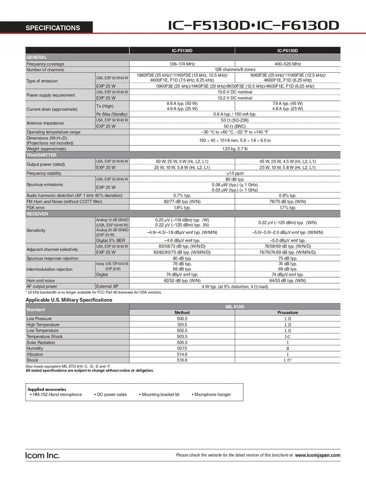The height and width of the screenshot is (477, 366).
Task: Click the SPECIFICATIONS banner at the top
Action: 53,28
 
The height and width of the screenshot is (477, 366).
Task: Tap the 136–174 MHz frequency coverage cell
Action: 182,64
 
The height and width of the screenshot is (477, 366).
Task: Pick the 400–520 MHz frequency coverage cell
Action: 287,64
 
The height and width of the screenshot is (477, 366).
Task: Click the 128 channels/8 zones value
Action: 234,70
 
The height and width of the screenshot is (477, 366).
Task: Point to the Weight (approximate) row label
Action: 46,149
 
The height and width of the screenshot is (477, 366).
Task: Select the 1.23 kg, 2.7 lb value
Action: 234,149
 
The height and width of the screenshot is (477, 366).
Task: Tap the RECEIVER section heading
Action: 37,214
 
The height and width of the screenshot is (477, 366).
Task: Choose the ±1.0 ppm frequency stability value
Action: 234,174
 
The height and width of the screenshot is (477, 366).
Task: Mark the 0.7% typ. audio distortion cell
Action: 182,195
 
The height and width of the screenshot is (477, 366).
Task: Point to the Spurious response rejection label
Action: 52,258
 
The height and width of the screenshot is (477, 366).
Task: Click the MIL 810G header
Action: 234,307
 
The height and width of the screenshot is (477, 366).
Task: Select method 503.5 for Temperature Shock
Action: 182,337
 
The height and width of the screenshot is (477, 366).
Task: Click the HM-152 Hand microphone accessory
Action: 56,394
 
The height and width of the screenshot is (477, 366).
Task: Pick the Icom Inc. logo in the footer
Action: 42,455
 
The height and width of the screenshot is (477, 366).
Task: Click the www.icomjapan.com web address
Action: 317,455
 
